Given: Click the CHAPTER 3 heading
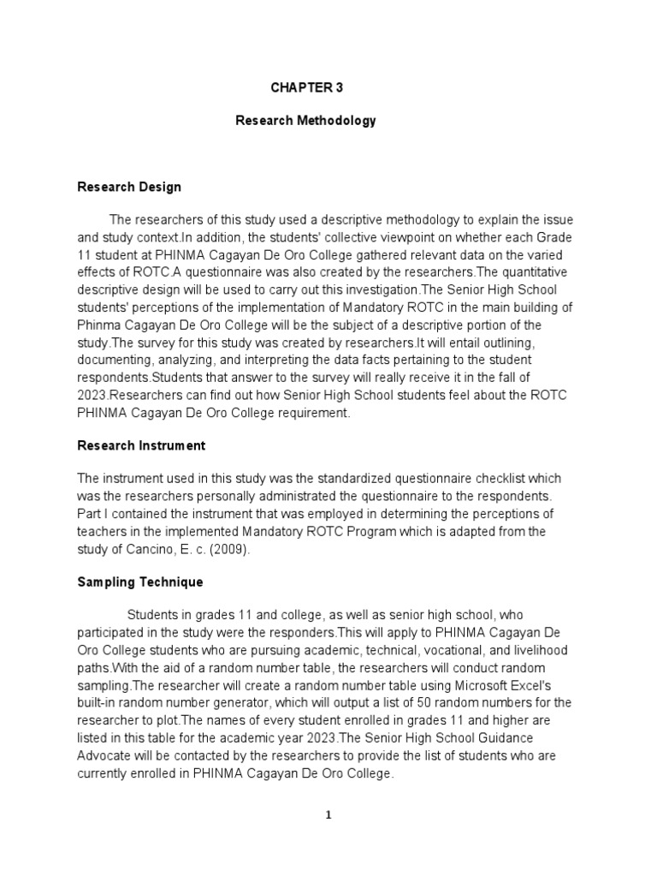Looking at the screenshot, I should tap(306, 87).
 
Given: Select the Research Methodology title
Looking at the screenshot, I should tap(305, 121).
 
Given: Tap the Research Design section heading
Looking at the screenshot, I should tap(129, 187).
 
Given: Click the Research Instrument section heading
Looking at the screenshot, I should tap(141, 445).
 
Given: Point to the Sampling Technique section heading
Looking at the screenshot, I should tap(140, 582).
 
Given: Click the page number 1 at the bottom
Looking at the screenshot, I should tap(328, 815).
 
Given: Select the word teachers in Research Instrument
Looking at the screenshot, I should tap(103, 531).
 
